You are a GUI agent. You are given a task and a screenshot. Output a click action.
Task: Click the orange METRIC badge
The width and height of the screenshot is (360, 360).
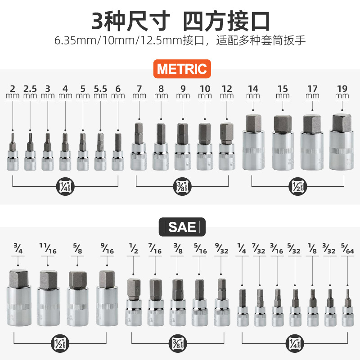[182, 69]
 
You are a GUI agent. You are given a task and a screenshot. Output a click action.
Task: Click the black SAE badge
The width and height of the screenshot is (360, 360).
[182, 227]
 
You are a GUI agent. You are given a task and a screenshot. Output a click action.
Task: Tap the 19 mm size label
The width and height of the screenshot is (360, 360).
[342, 91]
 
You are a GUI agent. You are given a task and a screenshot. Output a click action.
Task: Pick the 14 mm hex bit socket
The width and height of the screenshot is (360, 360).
[253, 142]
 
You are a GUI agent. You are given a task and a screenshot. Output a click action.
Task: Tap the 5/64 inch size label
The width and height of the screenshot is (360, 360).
[347, 248]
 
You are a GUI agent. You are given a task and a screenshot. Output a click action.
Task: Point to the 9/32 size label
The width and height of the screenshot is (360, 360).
[221, 248]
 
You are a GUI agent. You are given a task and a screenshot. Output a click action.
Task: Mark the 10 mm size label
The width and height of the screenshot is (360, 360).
[205, 91]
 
